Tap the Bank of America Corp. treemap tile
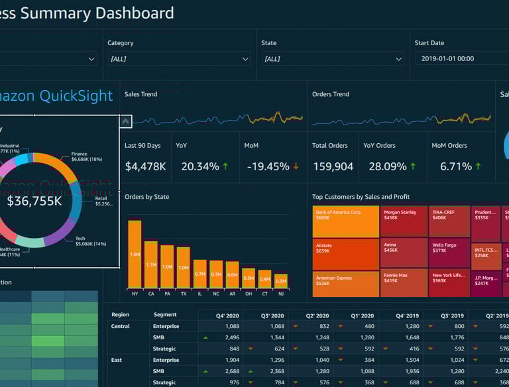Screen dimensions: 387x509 (345, 221)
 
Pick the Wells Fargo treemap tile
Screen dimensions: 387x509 (449, 252)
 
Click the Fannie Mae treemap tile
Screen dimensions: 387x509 (404, 282)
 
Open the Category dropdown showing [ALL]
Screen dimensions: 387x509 (180, 59)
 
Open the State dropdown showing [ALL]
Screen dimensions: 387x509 (333, 59)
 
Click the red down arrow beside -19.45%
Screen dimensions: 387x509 (296, 166)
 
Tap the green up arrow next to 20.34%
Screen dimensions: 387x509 (225, 166)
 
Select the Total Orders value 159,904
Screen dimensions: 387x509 (333, 166)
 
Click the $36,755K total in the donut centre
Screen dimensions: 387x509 (34, 201)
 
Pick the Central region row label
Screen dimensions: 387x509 (121, 326)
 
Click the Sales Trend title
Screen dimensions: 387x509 (141, 94)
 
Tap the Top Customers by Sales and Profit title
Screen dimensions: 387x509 (361, 197)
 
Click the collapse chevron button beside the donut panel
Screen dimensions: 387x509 (125, 121)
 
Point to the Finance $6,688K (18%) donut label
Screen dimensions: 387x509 (87, 157)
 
